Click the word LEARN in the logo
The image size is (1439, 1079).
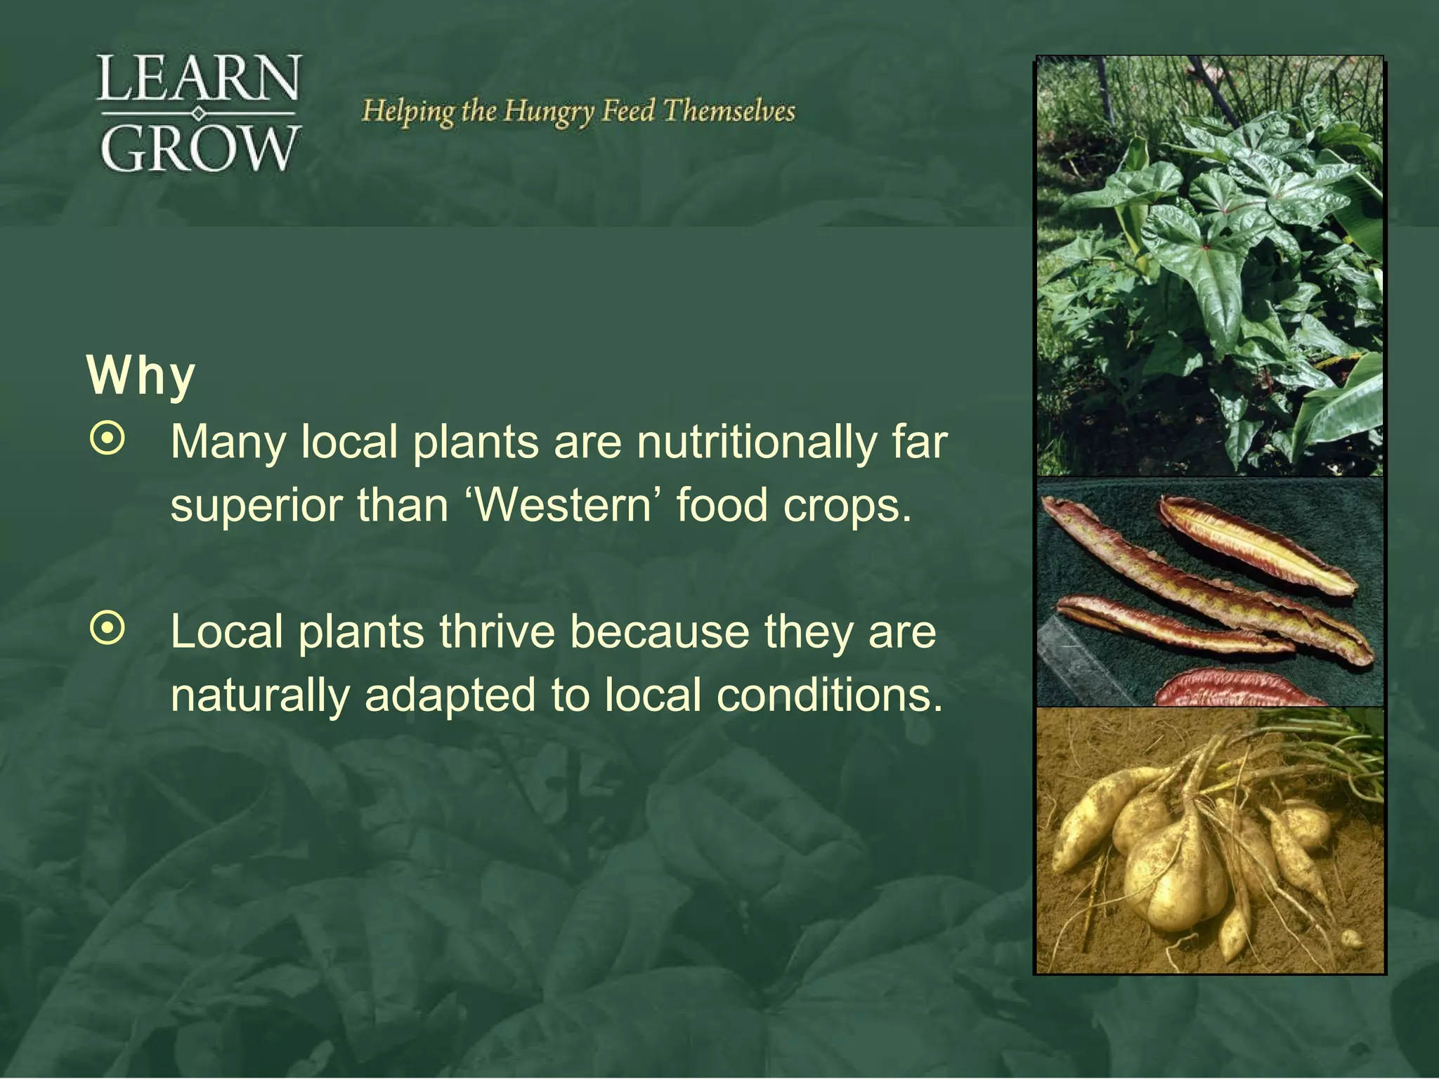(x=200, y=78)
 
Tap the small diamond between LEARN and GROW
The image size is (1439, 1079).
(x=199, y=113)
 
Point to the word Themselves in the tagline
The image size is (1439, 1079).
(x=729, y=111)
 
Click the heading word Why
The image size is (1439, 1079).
(x=141, y=377)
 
